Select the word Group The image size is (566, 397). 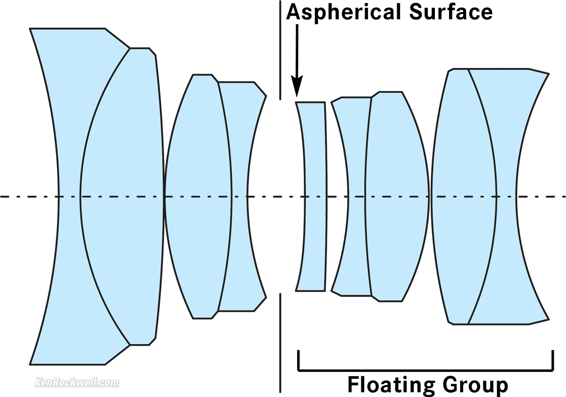(475, 385)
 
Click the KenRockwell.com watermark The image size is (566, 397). (77, 382)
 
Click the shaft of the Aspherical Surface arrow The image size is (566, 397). (297, 52)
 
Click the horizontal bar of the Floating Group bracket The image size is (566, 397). (424, 370)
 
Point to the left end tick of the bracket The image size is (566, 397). (299, 360)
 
